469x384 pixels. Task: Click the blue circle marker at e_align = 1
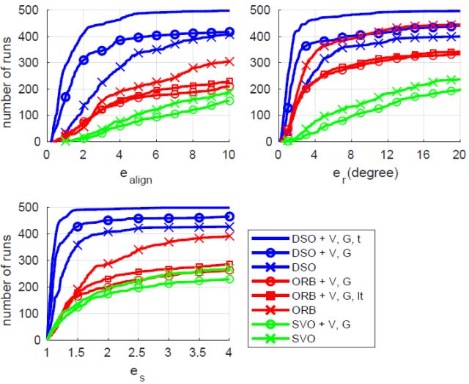coord(65,97)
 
